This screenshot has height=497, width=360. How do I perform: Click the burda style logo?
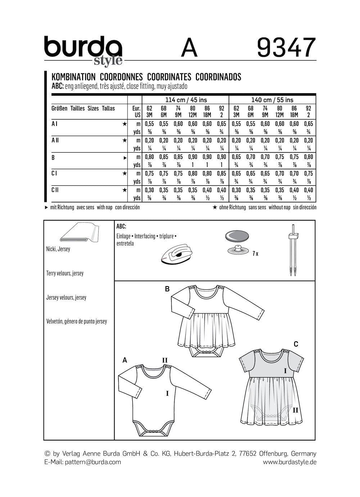pos(83,50)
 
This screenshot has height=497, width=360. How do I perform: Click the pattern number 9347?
pos(286,48)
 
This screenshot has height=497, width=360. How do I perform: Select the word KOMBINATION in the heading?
pos(73,77)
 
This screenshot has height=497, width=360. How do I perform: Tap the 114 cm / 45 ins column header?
pos(185,100)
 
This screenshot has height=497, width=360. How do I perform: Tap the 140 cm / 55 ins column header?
pos(273,100)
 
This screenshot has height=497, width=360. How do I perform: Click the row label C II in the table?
pos(55,190)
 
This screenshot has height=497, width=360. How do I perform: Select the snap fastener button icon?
pos(238,243)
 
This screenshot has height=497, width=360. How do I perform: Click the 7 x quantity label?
pos(255,254)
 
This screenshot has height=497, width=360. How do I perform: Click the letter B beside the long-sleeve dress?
pos(167,288)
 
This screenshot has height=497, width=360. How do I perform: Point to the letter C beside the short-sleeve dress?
pos(296,344)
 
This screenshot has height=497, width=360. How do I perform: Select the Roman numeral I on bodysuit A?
pos(167,394)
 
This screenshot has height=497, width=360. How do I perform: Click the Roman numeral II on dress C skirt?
pos(295,410)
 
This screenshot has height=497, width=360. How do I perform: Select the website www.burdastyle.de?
pos(289,462)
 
